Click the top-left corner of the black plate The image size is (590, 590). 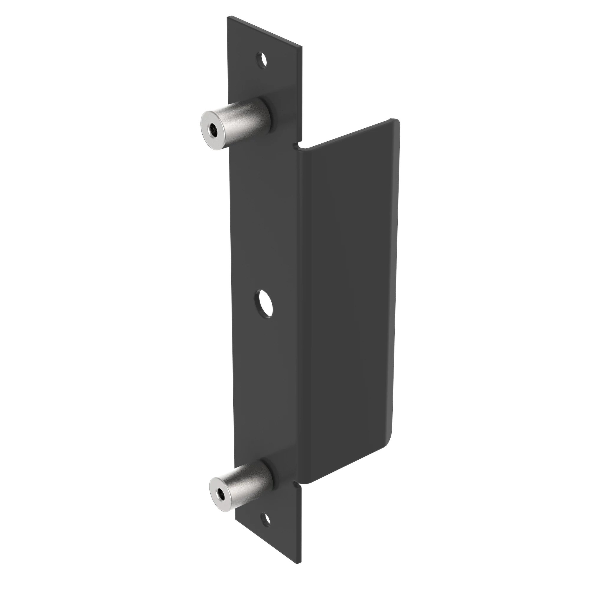[x=227, y=17]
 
